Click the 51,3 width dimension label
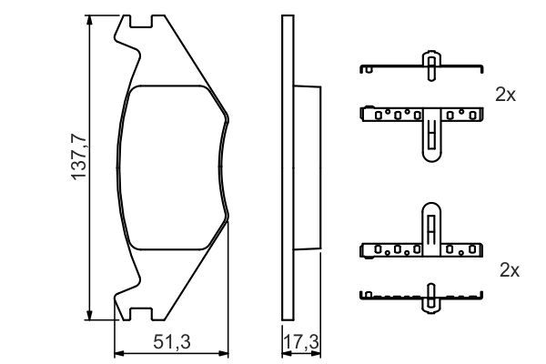pyautogui.click(x=172, y=342)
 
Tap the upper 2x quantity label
pyautogui.click(x=506, y=94)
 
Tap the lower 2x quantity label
pyautogui.click(x=509, y=270)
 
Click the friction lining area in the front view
pyautogui.click(x=173, y=168)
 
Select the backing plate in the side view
pyautogui.click(x=288, y=168)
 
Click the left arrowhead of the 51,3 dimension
pyautogui.click(x=116, y=352)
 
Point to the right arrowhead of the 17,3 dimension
pyautogui.click(x=321, y=352)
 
